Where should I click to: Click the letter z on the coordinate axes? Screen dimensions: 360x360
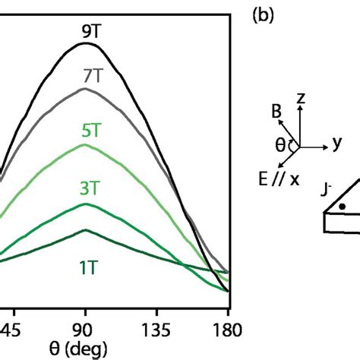pyautogui.click(x=302, y=98)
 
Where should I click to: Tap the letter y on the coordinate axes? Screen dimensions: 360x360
pyautogui.click(x=335, y=144)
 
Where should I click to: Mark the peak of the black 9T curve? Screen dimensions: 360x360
pyautogui.click(x=86, y=43)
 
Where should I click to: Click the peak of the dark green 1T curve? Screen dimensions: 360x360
pyautogui.click(x=86, y=229)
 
